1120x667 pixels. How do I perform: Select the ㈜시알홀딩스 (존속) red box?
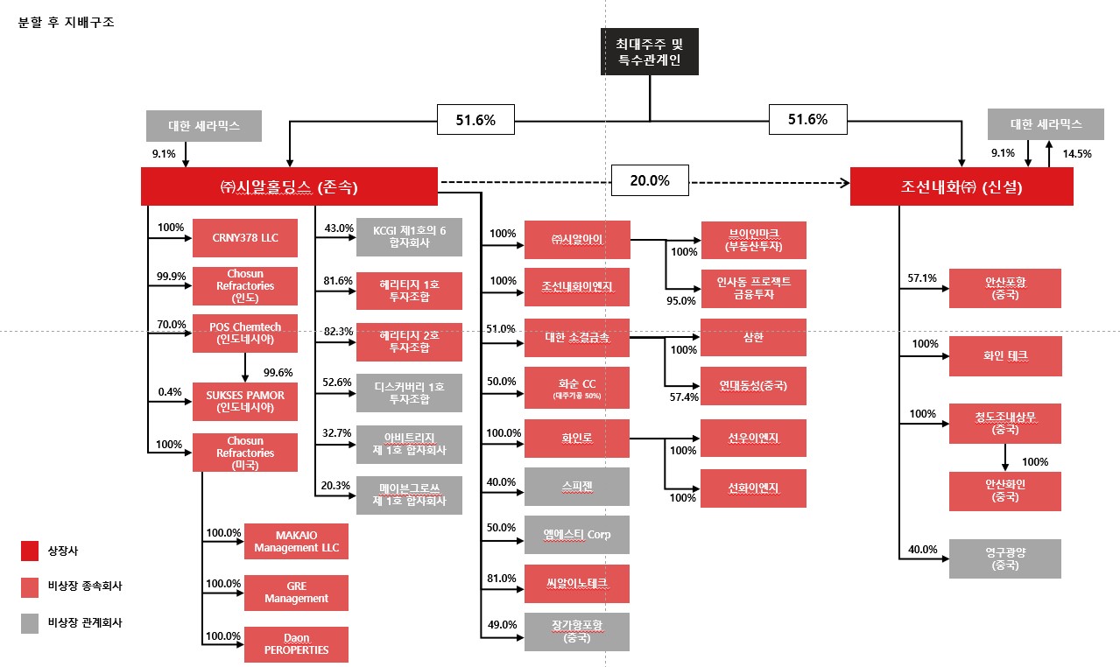[289, 186]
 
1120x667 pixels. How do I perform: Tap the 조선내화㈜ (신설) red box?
[962, 186]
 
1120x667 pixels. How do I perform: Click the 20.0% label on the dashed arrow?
[650, 181]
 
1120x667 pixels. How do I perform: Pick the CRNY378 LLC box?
[244, 237]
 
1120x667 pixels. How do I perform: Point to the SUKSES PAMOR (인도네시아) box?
[244, 401]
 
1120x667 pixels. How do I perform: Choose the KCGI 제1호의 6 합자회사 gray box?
[409, 237]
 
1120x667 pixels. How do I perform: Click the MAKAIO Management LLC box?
[296, 542]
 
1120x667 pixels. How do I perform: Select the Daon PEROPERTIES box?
[296, 644]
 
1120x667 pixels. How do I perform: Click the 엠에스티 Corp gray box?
[576, 535]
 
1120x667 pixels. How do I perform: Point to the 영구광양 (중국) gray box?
[1004, 558]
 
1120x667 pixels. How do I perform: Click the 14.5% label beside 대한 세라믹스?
[1076, 153]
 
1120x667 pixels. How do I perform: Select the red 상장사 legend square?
[29, 551]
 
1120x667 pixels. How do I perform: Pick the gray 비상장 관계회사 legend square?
[29, 622]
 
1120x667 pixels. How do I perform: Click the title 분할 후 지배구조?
[67, 22]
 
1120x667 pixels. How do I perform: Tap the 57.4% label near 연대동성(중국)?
[683, 397]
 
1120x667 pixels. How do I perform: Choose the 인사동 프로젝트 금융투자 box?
[753, 288]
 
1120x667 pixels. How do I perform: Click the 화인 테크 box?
[1004, 356]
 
